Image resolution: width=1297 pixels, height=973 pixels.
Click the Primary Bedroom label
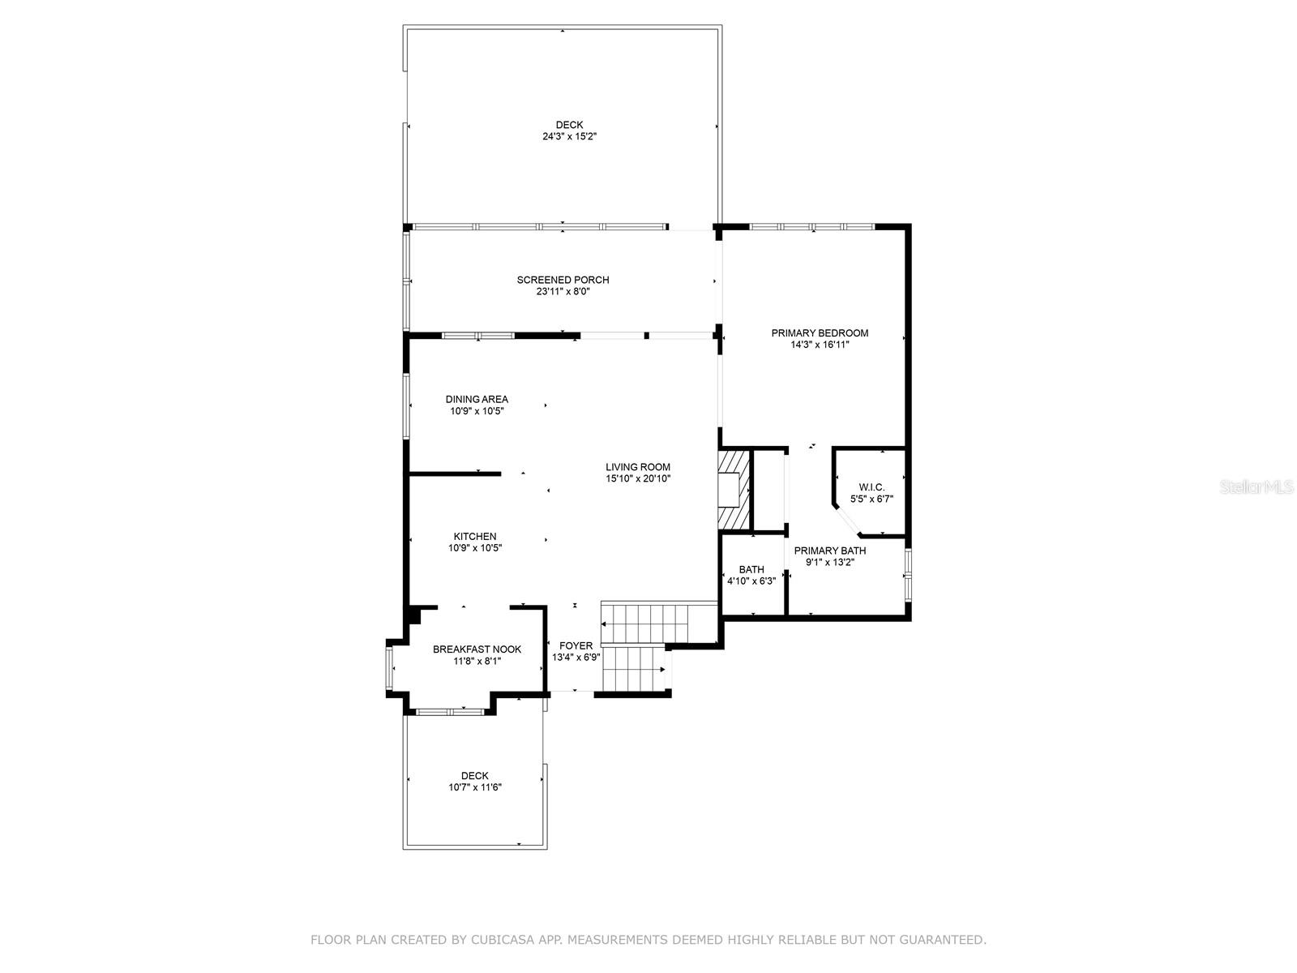820,332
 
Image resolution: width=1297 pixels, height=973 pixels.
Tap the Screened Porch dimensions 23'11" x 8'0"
563,292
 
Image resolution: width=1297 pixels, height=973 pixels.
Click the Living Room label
638,467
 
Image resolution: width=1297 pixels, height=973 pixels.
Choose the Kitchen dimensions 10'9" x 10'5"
475,548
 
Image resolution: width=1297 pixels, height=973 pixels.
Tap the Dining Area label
477,399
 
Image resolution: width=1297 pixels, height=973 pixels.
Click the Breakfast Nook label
477,649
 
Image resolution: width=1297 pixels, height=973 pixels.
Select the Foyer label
576,645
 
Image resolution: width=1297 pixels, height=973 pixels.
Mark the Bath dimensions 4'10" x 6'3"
751,581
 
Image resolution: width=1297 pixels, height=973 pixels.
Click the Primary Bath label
829,551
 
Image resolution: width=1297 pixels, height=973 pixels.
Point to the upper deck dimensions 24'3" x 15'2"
569,137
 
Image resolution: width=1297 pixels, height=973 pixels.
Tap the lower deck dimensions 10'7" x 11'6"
475,787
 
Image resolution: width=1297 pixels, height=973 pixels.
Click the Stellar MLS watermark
1256,486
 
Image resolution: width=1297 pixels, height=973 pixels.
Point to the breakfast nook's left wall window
389,667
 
